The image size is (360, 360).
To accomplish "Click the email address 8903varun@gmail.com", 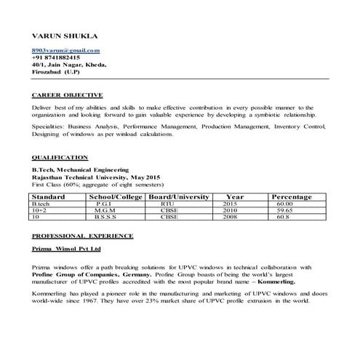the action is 65,49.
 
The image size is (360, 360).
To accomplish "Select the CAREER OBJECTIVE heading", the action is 68,95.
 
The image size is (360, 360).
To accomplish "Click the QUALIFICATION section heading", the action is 60,157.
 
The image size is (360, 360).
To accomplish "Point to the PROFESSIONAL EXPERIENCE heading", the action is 82,236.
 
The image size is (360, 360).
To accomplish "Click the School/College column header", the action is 116,197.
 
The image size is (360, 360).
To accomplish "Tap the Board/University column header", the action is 179,197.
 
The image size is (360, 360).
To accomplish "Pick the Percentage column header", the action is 291,197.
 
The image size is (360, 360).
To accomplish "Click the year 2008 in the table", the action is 231,217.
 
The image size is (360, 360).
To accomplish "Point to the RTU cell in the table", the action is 169,204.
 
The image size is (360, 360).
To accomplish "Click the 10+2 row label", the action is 40,210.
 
